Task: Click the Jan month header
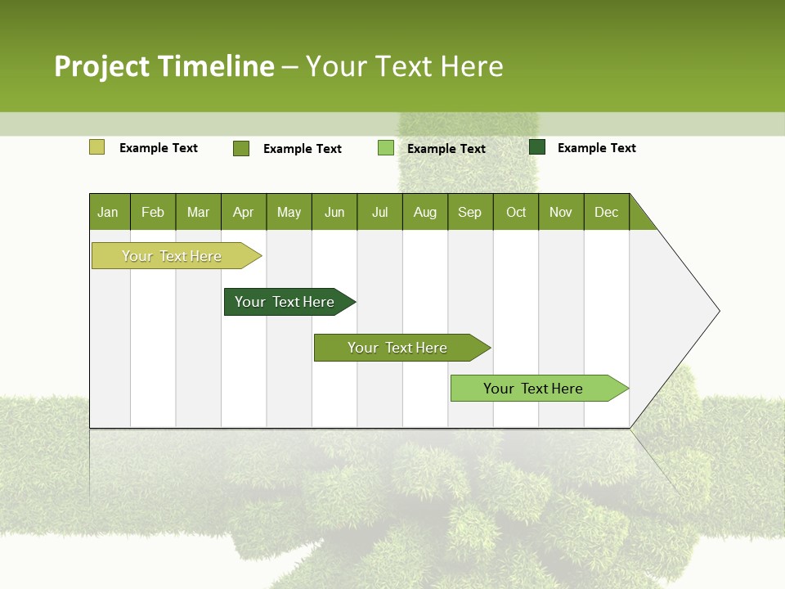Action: [108, 212]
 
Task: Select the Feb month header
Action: [153, 212]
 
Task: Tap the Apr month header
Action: [243, 212]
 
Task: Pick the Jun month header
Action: [334, 212]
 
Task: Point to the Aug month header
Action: [424, 212]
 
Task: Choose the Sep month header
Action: [469, 212]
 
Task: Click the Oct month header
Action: [516, 212]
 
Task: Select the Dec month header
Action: [606, 212]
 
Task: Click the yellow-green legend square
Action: [96, 147]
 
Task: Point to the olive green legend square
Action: [241, 148]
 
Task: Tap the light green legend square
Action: [386, 148]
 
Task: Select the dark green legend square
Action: [537, 147]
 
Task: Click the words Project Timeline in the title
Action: [164, 66]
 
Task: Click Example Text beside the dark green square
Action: [596, 148]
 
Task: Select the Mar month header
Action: [198, 212]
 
